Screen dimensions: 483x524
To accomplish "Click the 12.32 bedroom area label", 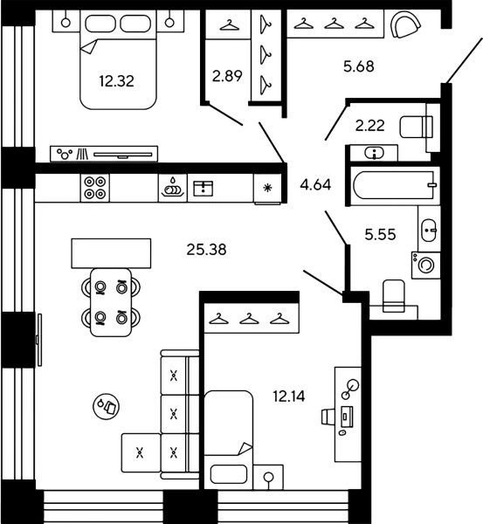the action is (116, 81).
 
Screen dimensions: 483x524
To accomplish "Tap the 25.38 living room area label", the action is (206, 250).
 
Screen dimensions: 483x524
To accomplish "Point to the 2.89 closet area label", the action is (227, 76).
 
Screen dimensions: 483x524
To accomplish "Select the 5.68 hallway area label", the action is (359, 66).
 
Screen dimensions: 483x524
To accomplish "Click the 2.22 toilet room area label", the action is (369, 126).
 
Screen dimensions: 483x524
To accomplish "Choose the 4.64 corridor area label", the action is (315, 184).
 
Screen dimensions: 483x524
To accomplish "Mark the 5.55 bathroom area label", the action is (380, 235).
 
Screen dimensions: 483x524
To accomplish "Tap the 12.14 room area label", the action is (289, 396).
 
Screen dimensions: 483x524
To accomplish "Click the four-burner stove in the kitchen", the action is (95, 188).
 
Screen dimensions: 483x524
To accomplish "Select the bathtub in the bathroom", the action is (395, 185).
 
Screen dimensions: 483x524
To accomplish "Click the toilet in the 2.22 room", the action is (416, 127).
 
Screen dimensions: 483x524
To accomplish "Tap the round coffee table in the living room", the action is (107, 406).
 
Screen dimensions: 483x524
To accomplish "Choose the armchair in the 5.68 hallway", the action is (405, 24).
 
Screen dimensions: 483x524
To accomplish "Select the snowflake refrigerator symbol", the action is (267, 188).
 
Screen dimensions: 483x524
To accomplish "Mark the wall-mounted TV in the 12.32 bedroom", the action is (122, 155).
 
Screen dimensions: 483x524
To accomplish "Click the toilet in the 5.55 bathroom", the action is (393, 296).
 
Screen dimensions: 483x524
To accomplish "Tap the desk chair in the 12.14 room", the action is (328, 417).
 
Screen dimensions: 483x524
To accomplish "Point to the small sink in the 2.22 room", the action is (375, 154).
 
